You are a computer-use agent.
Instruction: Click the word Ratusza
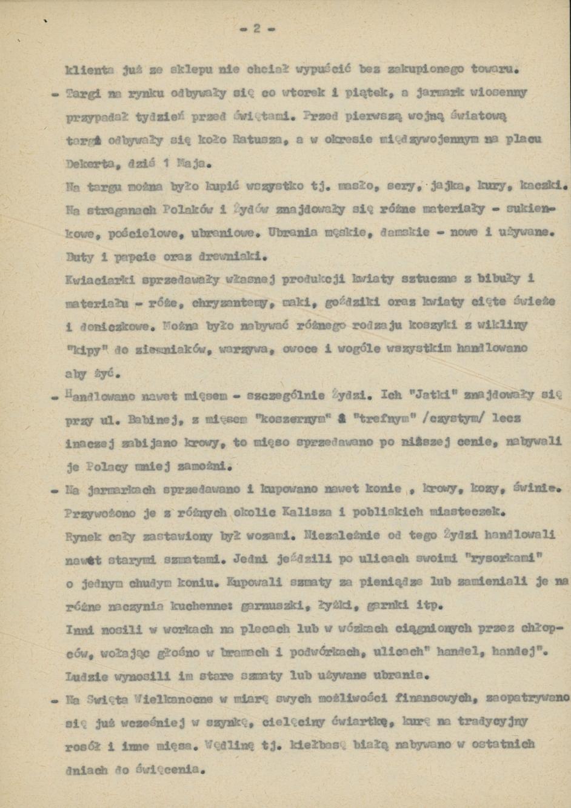coord(258,139)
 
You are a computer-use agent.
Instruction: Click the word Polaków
coord(185,210)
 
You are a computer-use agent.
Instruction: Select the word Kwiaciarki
coord(94,279)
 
